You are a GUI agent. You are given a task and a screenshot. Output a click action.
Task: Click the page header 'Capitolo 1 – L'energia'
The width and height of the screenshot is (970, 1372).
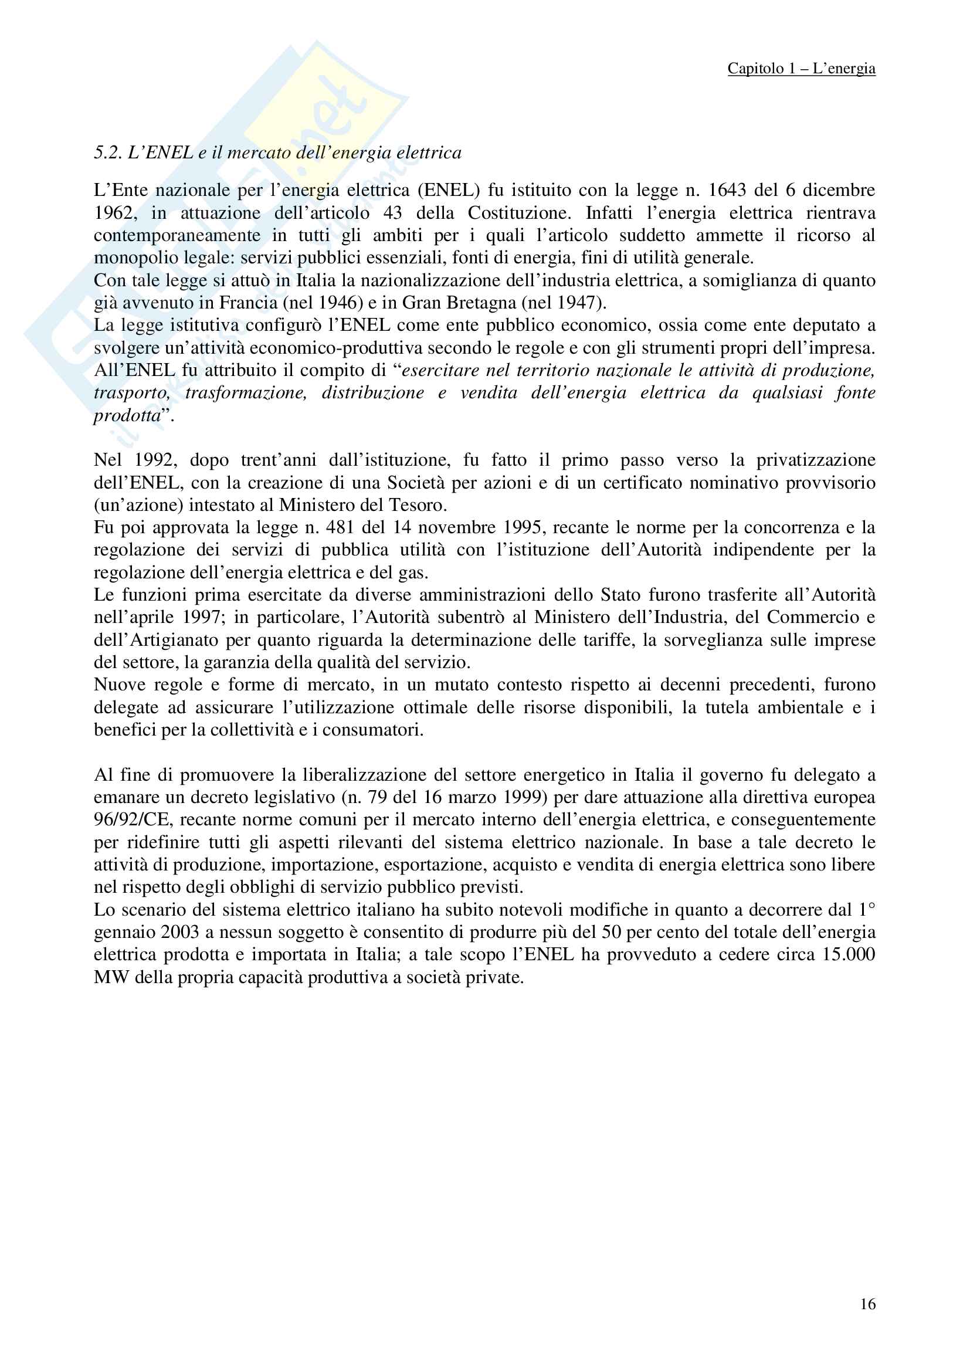[x=801, y=69]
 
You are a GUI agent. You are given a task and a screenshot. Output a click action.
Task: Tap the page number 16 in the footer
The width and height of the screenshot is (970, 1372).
[x=868, y=1304]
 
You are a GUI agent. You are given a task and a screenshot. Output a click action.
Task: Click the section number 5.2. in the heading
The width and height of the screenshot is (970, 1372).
[x=108, y=153]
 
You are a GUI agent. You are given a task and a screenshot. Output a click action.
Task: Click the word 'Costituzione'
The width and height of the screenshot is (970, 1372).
[x=520, y=213]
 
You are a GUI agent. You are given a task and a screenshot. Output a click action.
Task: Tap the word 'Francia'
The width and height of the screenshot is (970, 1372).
[x=249, y=302]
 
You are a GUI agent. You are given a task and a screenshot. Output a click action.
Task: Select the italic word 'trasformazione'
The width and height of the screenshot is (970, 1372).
[x=246, y=392]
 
